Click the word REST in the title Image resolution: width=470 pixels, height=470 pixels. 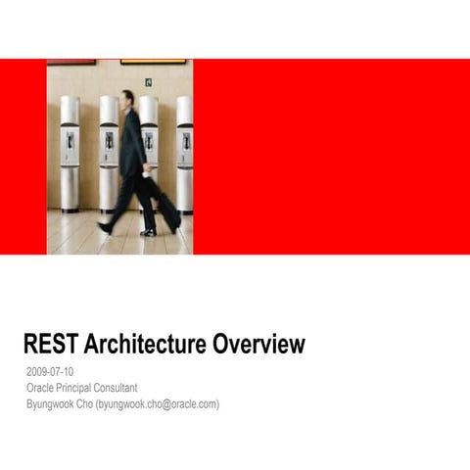(50, 345)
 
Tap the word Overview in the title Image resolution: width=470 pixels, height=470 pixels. (258, 345)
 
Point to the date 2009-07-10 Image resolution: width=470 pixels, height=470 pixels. (50, 372)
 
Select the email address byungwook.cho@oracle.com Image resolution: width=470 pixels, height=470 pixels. (158, 403)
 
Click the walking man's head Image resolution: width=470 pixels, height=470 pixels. (128, 98)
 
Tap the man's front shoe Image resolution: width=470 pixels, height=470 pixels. (148, 232)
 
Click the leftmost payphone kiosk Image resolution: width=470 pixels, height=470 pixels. (70, 152)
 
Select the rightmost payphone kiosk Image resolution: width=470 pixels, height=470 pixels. (184, 152)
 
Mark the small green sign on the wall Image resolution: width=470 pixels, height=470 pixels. (149, 82)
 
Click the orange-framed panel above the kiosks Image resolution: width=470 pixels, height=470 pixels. (153, 62)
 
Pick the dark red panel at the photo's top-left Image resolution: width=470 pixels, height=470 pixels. (71, 62)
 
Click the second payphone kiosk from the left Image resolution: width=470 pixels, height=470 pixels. (109, 152)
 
